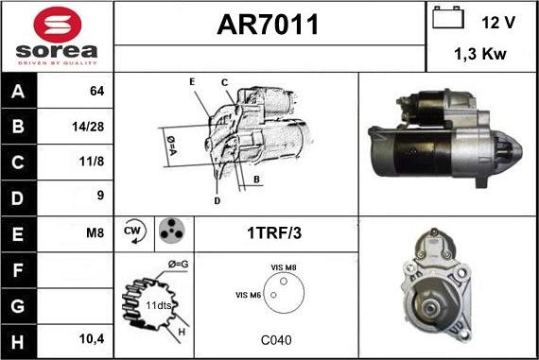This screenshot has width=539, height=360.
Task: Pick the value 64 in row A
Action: (95, 92)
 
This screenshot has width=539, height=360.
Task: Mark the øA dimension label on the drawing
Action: (173, 145)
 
